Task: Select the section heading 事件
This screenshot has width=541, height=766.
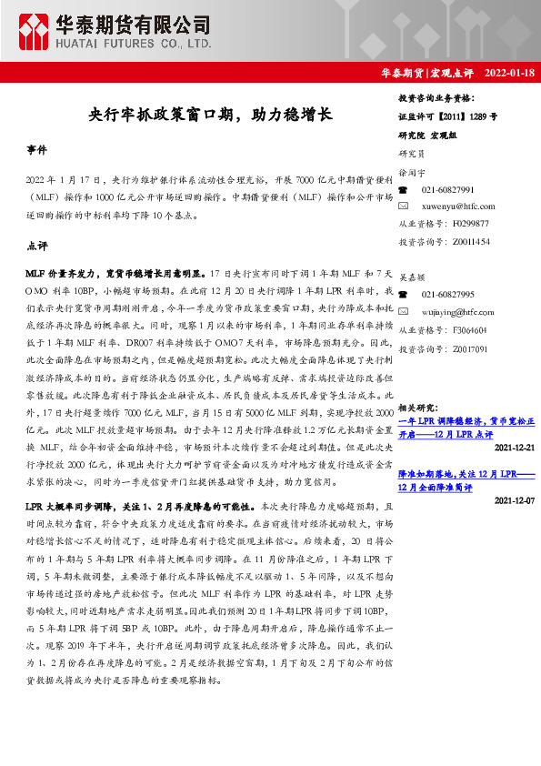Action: pyautogui.click(x=36, y=148)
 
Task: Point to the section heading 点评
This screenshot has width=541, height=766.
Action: pyautogui.click(x=36, y=247)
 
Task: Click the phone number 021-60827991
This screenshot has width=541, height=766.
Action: pyautogui.click(x=447, y=189)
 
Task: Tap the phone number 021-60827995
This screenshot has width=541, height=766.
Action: pyautogui.click(x=447, y=296)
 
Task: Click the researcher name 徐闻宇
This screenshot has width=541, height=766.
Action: pyautogui.click(x=411, y=172)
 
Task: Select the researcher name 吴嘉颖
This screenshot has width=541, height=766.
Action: pyautogui.click(x=411, y=277)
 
